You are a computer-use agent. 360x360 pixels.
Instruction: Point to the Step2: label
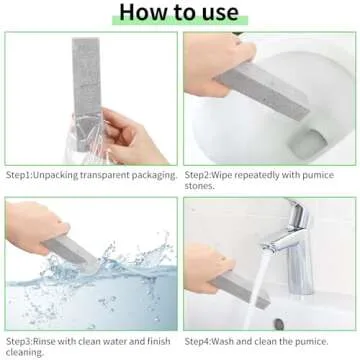click(x=205, y=174)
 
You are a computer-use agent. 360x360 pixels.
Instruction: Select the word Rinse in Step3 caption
click(x=54, y=338)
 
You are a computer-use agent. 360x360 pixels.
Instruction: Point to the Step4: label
click(x=205, y=338)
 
